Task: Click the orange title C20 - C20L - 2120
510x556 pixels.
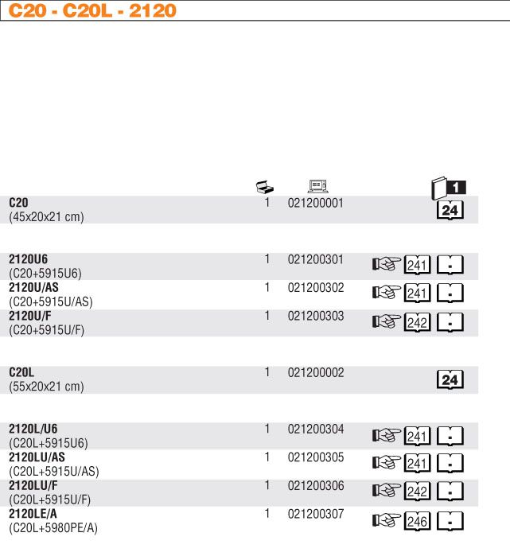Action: [x=92, y=11]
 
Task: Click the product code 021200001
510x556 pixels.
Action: [x=315, y=203]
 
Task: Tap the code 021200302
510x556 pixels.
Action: [x=315, y=287]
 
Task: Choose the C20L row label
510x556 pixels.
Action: [x=22, y=372]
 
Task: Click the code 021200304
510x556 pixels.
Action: [x=315, y=430]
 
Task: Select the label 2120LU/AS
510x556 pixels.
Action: [x=37, y=457]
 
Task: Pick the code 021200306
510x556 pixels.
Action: [x=315, y=485]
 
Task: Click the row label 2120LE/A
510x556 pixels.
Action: [x=33, y=514]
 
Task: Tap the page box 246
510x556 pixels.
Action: [x=418, y=522]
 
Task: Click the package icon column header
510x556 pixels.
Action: [x=265, y=188]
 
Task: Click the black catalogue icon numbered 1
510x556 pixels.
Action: [x=448, y=189]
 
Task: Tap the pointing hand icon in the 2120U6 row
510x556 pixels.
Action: [x=385, y=266]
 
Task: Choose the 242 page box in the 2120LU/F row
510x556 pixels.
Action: [x=418, y=493]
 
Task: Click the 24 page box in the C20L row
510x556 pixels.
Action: [x=450, y=380]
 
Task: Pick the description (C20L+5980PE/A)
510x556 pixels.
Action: [x=53, y=527]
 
